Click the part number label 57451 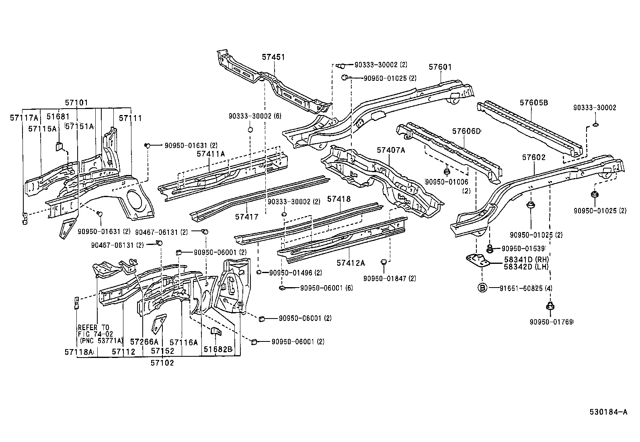pos(273,57)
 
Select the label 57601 pos(440,67)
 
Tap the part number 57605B pos(533,103)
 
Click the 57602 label pos(534,157)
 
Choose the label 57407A pos(391,150)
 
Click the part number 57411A pos(211,154)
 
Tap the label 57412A pos(351,263)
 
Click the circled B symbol pos(482,288)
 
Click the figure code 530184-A pos(608,411)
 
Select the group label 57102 pos(162,363)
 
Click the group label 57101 pos(76,103)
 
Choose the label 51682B pos(217,349)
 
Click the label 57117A pos(24,117)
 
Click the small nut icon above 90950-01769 pos(549,306)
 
